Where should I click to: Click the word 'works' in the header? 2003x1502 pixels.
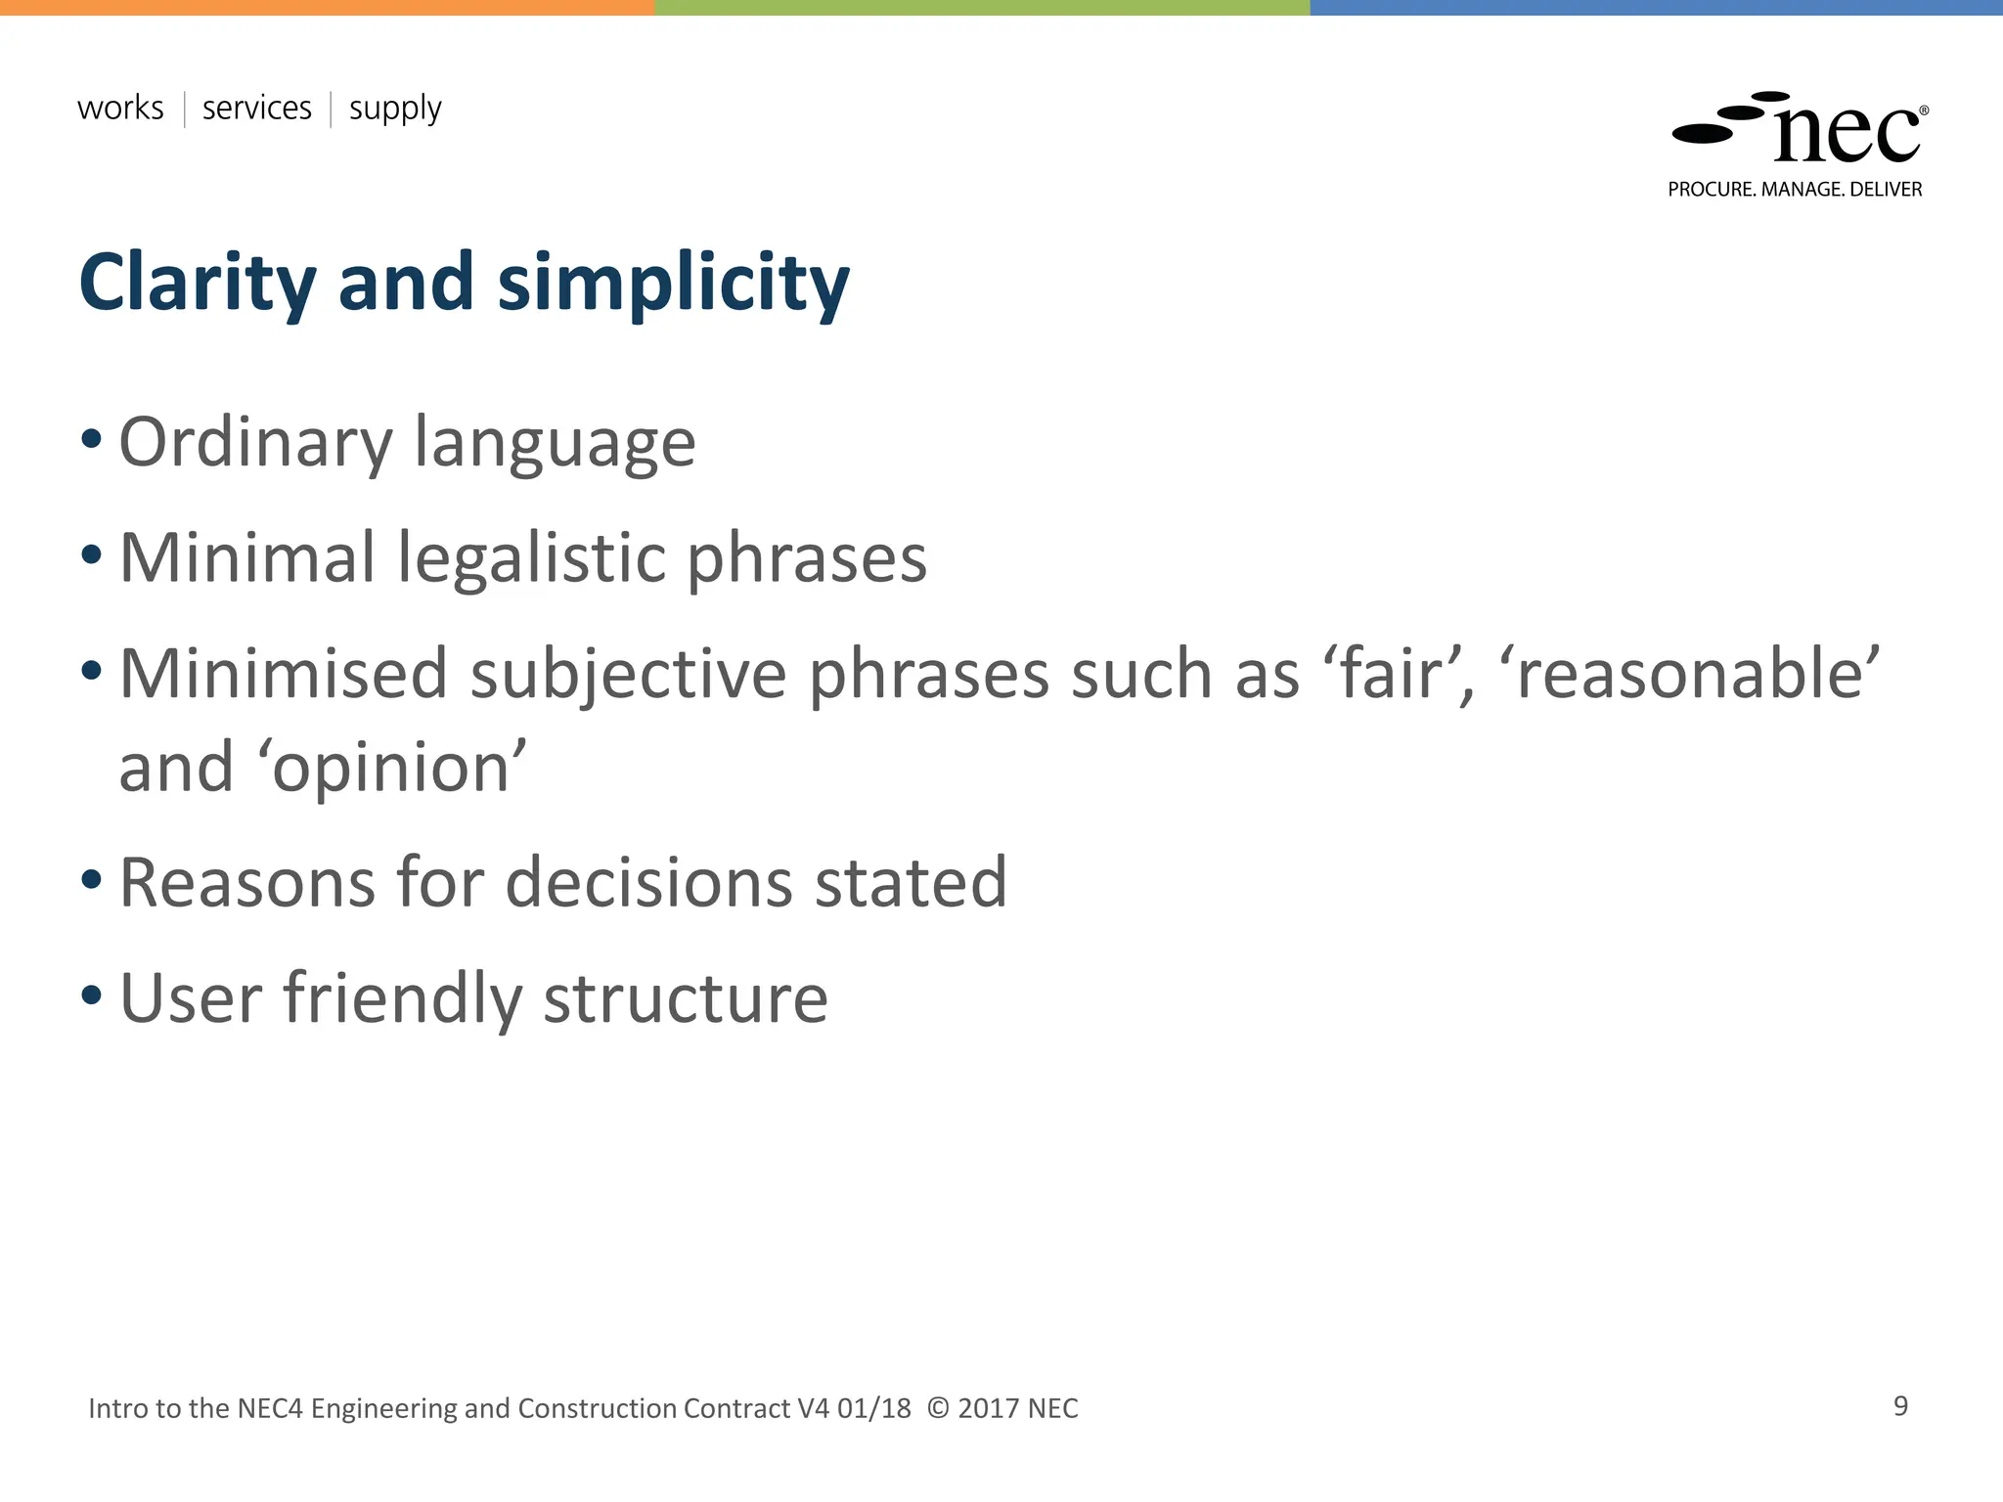click(x=120, y=108)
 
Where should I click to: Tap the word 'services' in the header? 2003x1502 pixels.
click(x=256, y=108)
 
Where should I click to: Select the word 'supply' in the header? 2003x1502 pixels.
click(x=395, y=110)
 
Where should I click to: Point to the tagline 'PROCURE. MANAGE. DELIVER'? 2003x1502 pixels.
click(x=1795, y=190)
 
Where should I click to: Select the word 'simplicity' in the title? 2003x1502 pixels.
click(x=674, y=283)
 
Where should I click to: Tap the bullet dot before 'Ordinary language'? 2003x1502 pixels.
click(x=91, y=439)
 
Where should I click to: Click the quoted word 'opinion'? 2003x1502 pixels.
click(x=391, y=768)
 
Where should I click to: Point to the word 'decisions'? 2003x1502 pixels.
click(x=647, y=882)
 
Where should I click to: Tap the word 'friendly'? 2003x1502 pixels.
click(x=403, y=998)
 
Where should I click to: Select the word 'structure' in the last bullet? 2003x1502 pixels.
click(x=685, y=998)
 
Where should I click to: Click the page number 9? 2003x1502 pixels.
click(x=1900, y=1406)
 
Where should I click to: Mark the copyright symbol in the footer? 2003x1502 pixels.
click(x=938, y=1408)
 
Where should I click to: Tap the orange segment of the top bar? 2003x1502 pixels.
click(x=327, y=7)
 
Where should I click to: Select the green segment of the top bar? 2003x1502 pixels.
click(x=982, y=7)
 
